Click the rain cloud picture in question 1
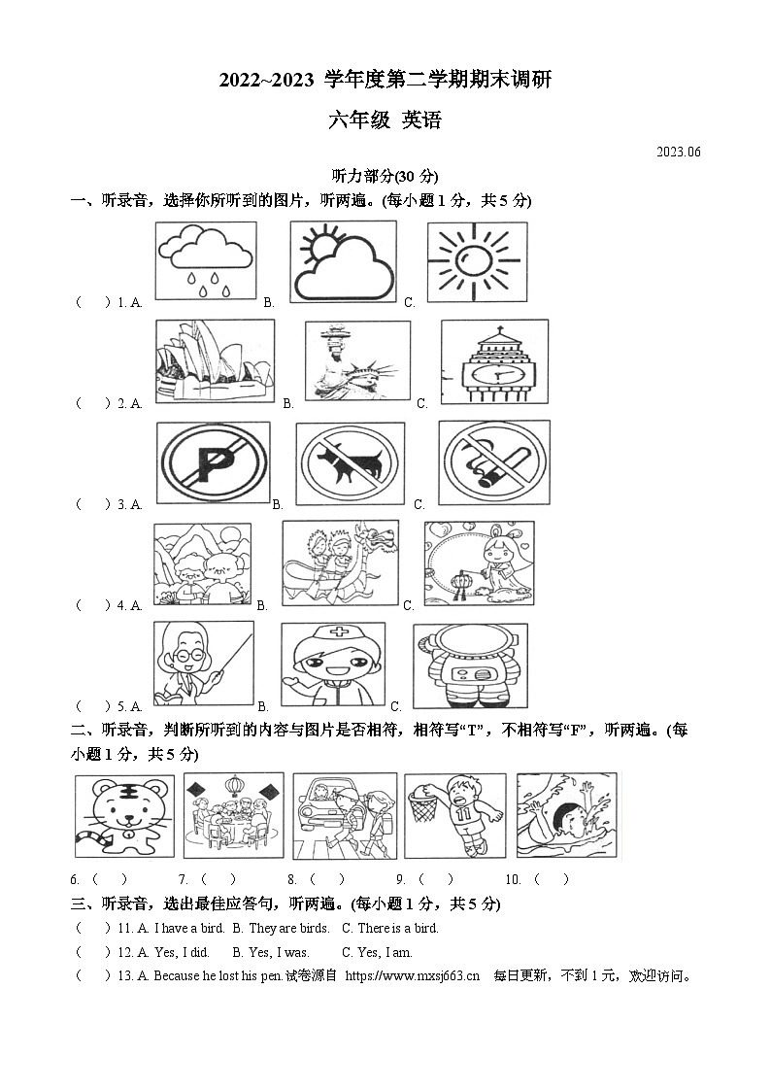point(205,261)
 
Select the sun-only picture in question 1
point(476,261)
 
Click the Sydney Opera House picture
point(215,361)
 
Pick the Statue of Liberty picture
point(356,361)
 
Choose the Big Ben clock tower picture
point(487,361)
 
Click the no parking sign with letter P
point(213,461)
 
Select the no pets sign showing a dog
point(350,462)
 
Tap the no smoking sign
point(493,461)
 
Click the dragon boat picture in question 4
point(339,563)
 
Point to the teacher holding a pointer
point(203,664)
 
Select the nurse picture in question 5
point(332,666)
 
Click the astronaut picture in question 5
point(470,666)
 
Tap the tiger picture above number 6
point(123,817)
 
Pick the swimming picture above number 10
point(566,815)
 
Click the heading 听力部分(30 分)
point(385,176)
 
